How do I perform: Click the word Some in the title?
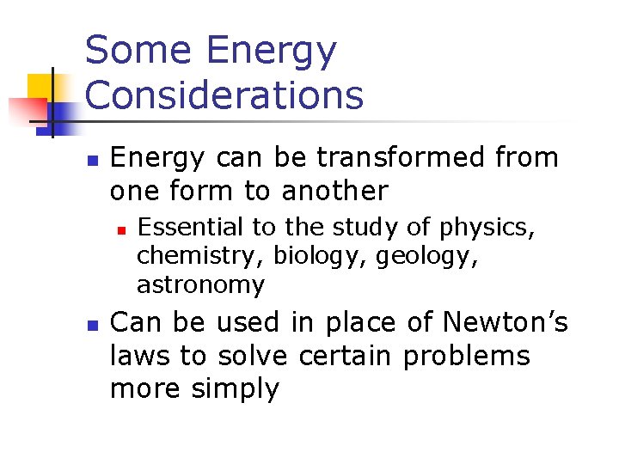tap(138, 51)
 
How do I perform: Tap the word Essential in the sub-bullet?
tap(190, 228)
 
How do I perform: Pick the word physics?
tap(487, 229)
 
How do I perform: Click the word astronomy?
tap(200, 284)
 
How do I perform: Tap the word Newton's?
tap(506, 322)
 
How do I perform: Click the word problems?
tap(467, 356)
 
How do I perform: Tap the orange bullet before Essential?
tap(122, 229)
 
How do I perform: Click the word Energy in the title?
tap(272, 52)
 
